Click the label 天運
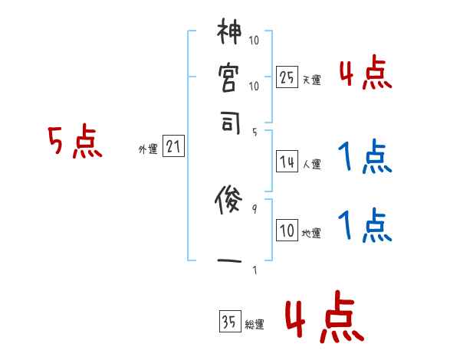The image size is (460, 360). [311, 80]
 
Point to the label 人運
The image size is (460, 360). [311, 164]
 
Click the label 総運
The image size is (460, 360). [255, 325]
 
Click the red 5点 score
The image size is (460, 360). [76, 142]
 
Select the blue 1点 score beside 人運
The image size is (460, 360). [364, 158]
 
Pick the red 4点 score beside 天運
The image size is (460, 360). [364, 75]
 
